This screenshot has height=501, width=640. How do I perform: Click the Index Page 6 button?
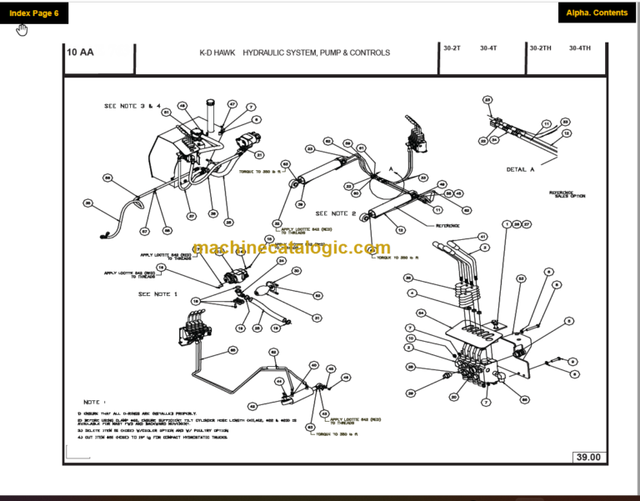click(x=34, y=13)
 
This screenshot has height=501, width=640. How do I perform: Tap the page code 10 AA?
click(x=81, y=53)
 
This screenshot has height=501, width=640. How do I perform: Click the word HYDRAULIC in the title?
click(x=276, y=53)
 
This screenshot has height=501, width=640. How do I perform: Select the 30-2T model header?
click(x=452, y=48)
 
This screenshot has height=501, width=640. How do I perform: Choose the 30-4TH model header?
click(x=580, y=48)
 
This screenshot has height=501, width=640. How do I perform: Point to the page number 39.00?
click(x=588, y=456)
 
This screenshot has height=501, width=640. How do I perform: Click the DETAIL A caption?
click(x=521, y=169)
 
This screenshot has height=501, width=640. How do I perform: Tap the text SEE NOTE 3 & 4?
click(x=132, y=107)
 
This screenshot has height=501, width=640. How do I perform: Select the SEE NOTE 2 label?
click(x=336, y=213)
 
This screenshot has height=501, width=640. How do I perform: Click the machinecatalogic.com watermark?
click(x=291, y=248)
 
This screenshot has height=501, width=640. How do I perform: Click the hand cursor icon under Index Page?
click(x=22, y=31)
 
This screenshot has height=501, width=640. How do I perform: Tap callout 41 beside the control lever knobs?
click(x=482, y=238)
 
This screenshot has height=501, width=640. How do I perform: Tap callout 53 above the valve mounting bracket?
click(x=521, y=278)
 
